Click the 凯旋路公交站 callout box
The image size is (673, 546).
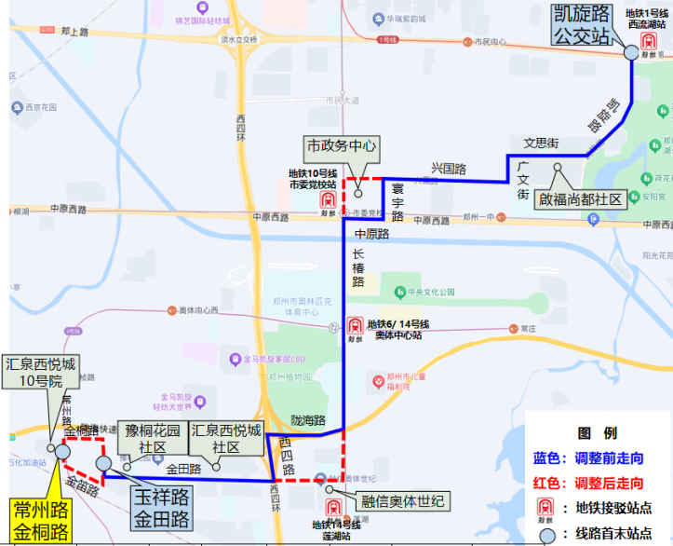pos(583,24)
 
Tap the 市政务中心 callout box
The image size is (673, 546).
pos(342,146)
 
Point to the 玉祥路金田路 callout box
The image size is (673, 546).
pos(160,508)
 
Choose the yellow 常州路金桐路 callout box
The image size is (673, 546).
pos(41,522)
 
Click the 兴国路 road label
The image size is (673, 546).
pos(448,168)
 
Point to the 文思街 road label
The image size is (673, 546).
pos(540,143)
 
